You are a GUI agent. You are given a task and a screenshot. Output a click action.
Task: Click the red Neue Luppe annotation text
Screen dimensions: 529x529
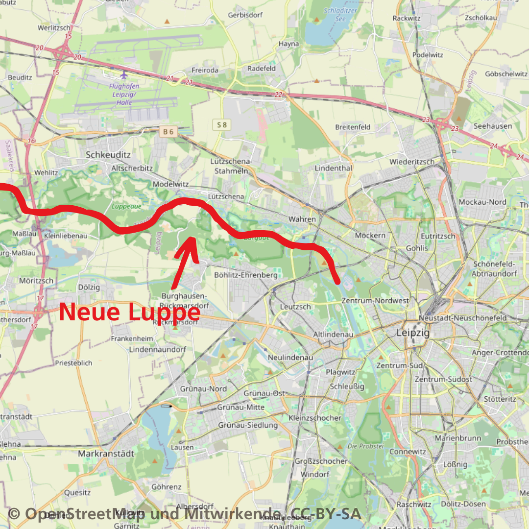[130, 313]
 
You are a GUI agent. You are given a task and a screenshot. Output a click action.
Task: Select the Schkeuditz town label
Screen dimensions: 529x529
[108, 154]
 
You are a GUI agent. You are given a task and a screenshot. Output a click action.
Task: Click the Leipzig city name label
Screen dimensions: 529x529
[413, 333]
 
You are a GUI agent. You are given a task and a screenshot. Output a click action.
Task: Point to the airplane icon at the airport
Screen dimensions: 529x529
[123, 75]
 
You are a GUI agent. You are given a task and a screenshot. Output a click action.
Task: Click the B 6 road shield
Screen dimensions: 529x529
[168, 131]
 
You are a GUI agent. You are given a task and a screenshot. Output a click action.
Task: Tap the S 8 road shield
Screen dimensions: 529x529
[222, 125]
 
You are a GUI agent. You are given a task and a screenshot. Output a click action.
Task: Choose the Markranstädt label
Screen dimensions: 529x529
[106, 454]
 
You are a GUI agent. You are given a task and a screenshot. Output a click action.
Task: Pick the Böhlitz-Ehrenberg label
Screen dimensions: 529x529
[246, 275]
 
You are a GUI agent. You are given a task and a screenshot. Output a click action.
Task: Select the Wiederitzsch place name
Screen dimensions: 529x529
[412, 162]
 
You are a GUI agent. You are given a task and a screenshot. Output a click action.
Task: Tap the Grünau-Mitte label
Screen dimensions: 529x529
[240, 407]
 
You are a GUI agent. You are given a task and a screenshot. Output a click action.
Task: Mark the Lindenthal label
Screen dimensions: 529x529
[334, 168]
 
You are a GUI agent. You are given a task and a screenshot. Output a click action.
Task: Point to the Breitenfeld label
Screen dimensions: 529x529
[353, 127]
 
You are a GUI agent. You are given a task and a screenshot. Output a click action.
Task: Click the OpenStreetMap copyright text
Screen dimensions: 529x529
[184, 514]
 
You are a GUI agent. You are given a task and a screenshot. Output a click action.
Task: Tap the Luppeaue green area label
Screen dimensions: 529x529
[126, 207]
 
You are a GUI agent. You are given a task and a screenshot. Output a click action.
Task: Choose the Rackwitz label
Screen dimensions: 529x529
[407, 18]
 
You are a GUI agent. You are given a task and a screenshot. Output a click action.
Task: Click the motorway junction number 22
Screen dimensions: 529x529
[278, 95]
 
